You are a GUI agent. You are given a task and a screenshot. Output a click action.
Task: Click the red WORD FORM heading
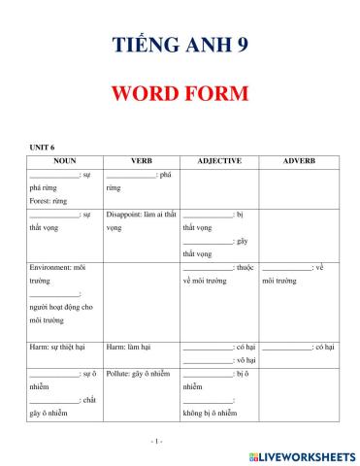[x=180, y=94]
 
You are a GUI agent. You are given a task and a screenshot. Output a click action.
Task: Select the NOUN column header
[x=64, y=160]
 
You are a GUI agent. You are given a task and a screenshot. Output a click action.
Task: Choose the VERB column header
[x=141, y=160]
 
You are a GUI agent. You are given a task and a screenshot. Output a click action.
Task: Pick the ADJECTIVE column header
[x=218, y=160]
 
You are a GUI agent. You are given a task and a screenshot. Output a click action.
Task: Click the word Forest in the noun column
[x=40, y=200]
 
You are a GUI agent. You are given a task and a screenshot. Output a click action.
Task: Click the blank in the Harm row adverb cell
[x=286, y=347]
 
